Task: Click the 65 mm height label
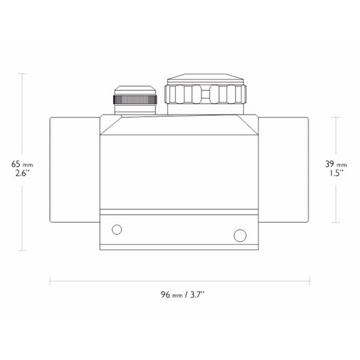(x=22, y=164)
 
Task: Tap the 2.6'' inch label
(x=22, y=173)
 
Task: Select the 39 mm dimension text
(x=336, y=164)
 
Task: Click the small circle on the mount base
(x=117, y=229)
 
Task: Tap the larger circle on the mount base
(x=240, y=235)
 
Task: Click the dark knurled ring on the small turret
(x=135, y=100)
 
